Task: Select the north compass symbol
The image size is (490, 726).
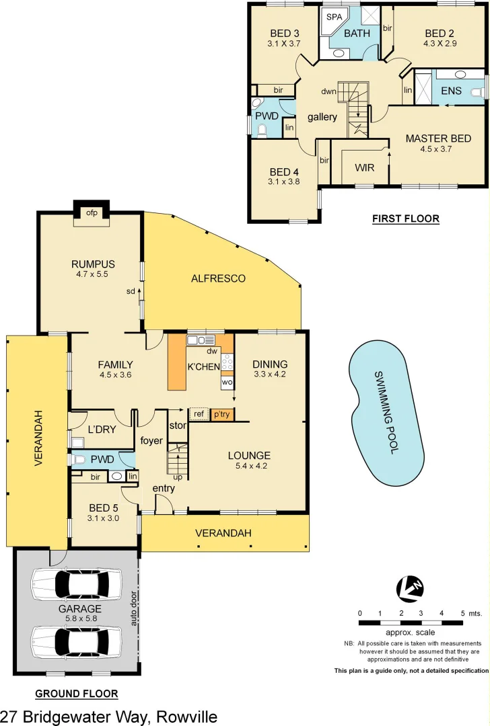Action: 411,588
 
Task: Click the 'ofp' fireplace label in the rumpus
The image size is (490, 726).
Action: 91,213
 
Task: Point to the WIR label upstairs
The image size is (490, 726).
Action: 364,167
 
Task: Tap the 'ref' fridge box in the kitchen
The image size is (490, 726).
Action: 199,414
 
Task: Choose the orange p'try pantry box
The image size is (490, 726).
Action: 221,414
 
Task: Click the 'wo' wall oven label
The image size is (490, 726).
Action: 227,382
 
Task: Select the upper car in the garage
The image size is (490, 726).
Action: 76,584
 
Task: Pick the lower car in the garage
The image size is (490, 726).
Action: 76,641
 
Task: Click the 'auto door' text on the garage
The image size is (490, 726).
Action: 134,608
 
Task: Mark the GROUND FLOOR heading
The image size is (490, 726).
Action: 77,694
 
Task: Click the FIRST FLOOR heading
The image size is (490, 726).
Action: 406,218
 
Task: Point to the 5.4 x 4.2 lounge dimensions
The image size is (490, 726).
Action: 249,466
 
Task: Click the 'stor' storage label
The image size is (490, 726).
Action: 177,425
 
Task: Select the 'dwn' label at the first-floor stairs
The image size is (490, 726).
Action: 328,91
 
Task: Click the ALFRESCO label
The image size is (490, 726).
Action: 218,278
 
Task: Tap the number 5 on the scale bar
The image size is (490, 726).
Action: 462,614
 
